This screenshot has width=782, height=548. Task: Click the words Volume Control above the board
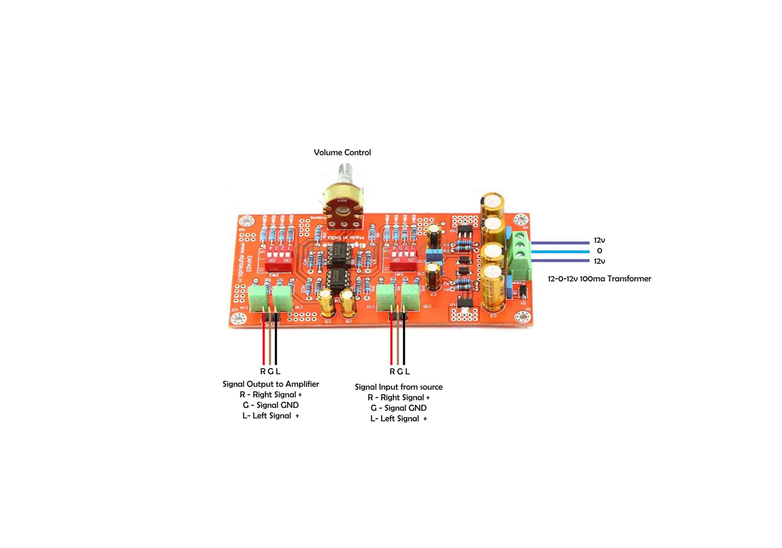click(342, 153)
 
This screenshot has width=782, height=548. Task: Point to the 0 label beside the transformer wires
click(600, 251)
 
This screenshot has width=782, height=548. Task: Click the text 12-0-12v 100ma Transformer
click(599, 279)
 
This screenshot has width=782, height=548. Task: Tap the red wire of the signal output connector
click(263, 342)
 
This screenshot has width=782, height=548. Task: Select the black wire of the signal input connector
click(404, 342)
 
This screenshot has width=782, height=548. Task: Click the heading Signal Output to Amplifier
click(271, 384)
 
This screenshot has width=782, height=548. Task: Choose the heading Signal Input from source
click(399, 387)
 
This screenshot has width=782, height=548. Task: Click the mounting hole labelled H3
click(239, 319)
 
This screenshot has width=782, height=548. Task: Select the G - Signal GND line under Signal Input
click(399, 408)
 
